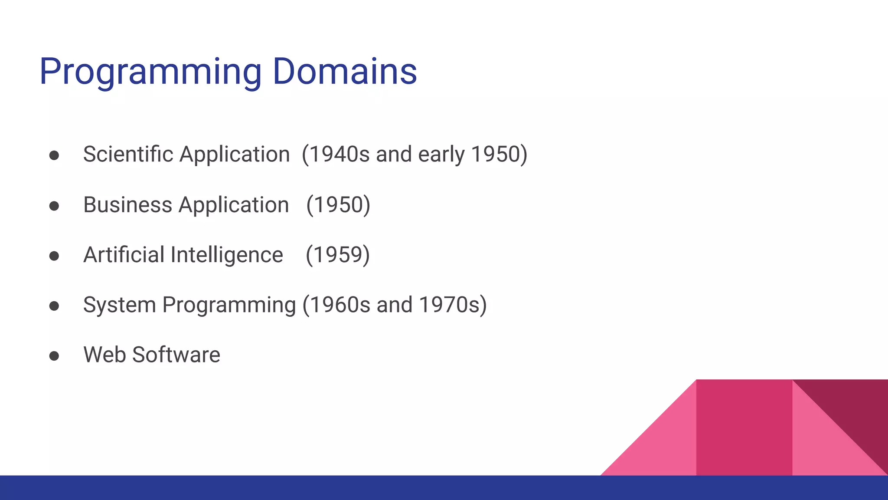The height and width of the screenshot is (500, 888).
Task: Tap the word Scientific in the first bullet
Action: point(128,155)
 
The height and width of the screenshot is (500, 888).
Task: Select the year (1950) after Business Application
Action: point(338,205)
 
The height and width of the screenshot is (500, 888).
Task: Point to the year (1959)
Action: point(338,255)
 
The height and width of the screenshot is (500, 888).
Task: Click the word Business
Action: point(127,205)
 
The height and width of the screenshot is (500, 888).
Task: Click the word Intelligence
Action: point(227,255)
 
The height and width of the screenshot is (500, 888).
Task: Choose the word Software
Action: point(176,355)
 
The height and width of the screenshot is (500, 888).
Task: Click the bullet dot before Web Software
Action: point(54,356)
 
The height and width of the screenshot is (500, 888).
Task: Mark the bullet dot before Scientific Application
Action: point(54,156)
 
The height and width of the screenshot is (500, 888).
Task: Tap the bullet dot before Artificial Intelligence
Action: point(54,256)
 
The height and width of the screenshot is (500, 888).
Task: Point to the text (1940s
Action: point(336,155)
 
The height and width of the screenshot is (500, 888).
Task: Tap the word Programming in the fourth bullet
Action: point(229,305)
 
